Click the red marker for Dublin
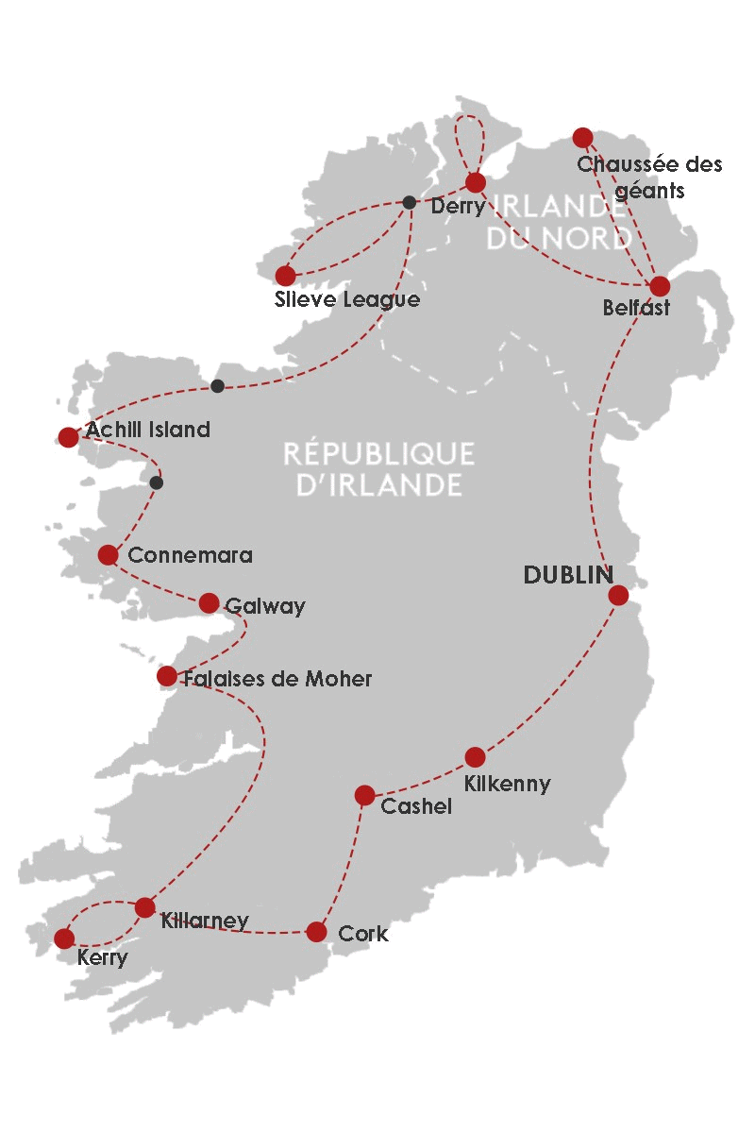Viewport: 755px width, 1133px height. click(x=618, y=595)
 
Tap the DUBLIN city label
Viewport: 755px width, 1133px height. click(x=568, y=575)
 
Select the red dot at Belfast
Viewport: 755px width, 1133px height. click(x=660, y=286)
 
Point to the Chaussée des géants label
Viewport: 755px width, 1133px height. click(x=649, y=177)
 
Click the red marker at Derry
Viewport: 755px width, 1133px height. click(x=476, y=182)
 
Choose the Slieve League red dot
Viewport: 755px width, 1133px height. click(x=285, y=276)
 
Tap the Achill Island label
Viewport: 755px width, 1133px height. click(x=148, y=431)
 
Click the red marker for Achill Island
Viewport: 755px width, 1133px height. click(x=68, y=437)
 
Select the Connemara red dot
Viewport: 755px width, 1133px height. click(x=108, y=554)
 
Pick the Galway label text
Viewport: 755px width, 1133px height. click(x=265, y=606)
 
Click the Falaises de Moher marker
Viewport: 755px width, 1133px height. click(x=166, y=676)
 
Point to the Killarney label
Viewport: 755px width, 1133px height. click(x=205, y=921)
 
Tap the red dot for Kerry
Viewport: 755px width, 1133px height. click(x=63, y=939)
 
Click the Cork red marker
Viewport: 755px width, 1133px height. click(x=316, y=932)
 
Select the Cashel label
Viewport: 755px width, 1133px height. click(x=416, y=806)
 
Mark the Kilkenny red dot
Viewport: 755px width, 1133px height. click(x=475, y=757)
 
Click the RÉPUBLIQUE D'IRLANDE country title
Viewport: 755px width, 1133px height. click(x=378, y=469)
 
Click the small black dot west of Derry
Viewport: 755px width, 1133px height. click(x=409, y=202)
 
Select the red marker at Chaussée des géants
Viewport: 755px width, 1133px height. click(x=582, y=138)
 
